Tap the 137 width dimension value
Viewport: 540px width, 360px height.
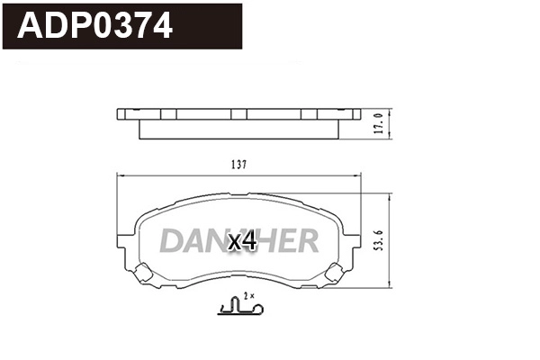tap(238, 165)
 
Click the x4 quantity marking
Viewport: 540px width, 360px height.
tap(242, 242)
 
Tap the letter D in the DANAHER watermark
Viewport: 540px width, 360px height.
tap(171, 240)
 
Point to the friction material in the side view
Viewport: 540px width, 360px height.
tap(238, 131)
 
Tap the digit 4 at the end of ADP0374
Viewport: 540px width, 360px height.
tap(161, 26)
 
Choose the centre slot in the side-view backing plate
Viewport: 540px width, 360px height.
tap(238, 114)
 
